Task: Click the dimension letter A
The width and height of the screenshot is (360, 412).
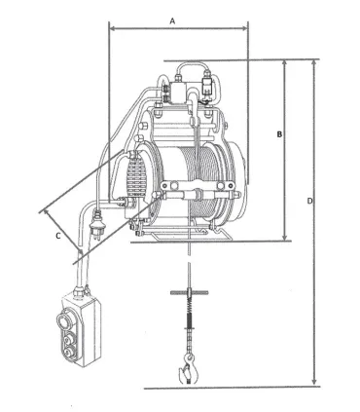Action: tap(172, 19)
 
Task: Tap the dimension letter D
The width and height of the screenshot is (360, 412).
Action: tap(309, 202)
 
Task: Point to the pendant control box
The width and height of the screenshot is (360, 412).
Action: tap(76, 327)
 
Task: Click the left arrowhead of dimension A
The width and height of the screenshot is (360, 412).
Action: tap(111, 30)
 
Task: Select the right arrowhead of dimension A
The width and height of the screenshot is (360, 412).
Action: tap(245, 30)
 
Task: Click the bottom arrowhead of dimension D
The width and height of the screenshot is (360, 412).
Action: tap(314, 383)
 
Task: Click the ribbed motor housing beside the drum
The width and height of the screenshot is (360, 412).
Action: tap(133, 180)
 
